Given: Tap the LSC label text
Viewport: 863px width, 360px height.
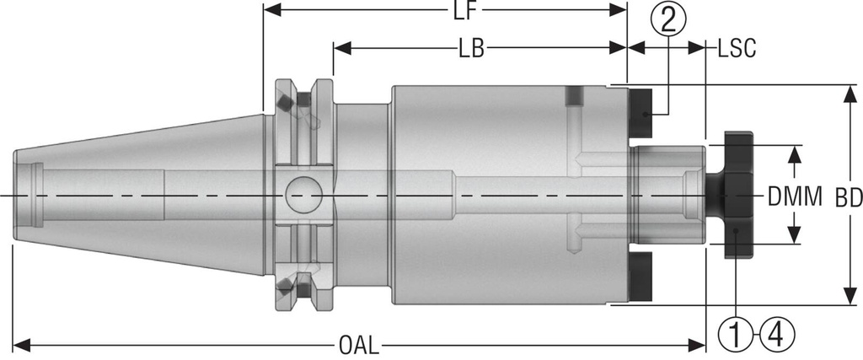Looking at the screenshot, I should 736,48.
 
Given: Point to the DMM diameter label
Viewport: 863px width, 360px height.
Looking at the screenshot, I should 795,198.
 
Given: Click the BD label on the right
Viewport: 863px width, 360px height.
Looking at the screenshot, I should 848,198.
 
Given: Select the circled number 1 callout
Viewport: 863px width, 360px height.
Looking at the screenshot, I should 735,336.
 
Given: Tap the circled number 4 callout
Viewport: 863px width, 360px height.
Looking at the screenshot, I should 776,336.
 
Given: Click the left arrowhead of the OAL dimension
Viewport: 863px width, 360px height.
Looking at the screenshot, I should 19,346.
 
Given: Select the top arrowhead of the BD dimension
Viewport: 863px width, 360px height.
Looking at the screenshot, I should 848,92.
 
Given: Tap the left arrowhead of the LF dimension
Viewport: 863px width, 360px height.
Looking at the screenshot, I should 271,12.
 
